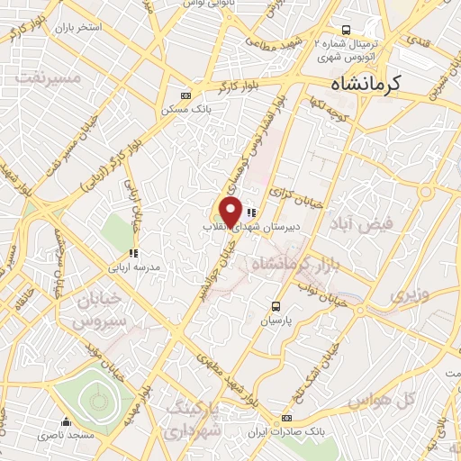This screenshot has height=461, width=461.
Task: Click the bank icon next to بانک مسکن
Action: (x=186, y=95)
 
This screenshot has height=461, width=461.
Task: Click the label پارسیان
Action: (x=277, y=320)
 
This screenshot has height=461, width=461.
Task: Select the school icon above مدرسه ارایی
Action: (x=132, y=254)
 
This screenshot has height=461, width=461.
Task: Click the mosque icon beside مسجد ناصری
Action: (x=66, y=421)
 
